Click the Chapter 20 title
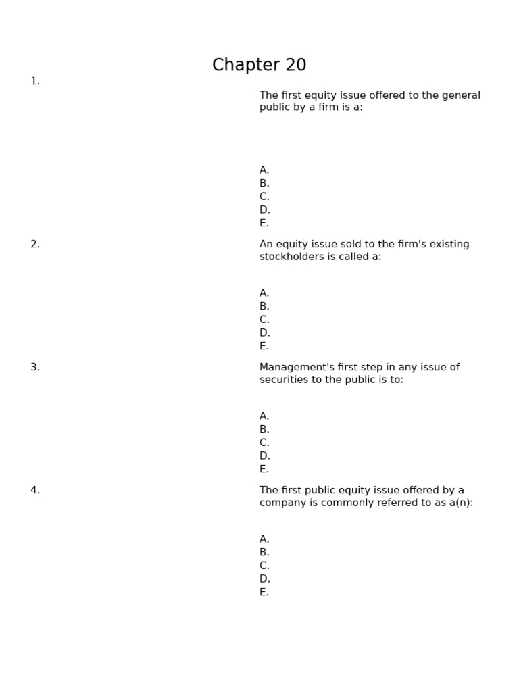coord(259,65)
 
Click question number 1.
coord(35,81)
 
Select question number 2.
coord(35,244)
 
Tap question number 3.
coord(35,367)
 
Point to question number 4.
coord(35,490)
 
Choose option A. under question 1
coord(264,170)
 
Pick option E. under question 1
coord(264,223)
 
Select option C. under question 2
coord(264,320)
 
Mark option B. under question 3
coord(264,429)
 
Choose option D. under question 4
coord(264,579)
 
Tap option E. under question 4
coord(264,592)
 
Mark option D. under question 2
coord(264,333)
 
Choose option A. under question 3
coord(264,416)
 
